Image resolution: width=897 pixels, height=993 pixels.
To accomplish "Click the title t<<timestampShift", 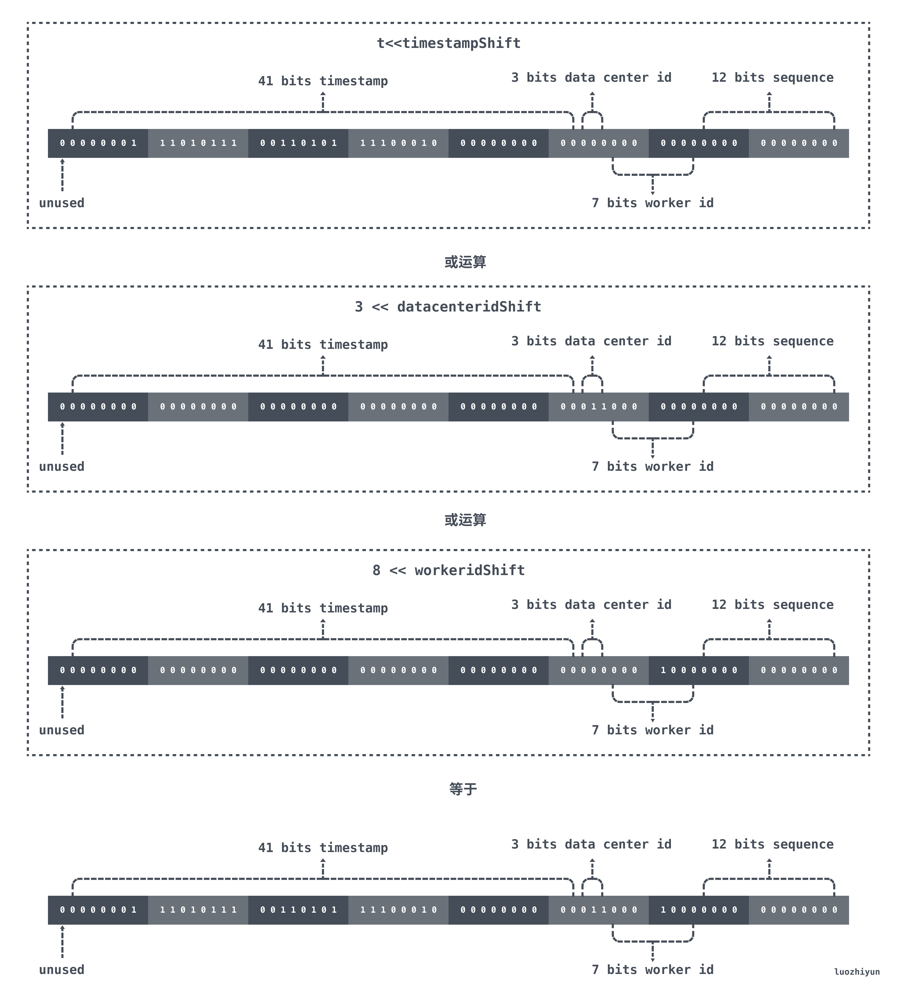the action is coord(448,43).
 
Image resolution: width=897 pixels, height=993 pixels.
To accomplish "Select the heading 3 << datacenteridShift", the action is coord(448,307).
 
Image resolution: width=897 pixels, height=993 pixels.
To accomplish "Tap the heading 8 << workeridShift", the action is coord(448,570).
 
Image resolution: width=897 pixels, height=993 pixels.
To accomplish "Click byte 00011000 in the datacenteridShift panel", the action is coord(599,407).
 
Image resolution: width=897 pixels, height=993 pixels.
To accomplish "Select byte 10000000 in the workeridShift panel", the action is coord(699,670).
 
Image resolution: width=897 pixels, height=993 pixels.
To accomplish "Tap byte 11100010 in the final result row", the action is coord(398,910).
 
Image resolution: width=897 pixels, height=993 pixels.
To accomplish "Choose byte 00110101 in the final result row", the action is coord(298,910).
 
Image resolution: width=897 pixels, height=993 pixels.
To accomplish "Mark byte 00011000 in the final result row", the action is coord(599,910).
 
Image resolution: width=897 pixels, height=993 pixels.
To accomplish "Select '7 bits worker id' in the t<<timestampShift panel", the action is coord(653,203).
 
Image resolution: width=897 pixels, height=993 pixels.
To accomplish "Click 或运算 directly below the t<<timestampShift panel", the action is coord(465,262).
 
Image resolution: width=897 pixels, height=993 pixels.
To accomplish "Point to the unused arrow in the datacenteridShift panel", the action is coord(62,438).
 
